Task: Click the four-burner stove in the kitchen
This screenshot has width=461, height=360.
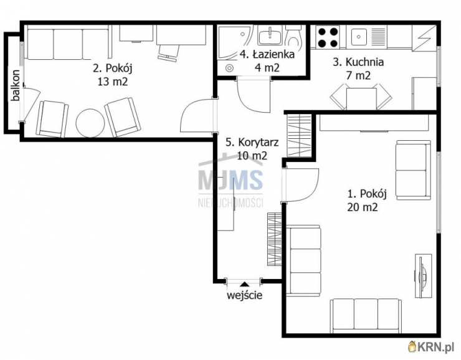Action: pos(328,37)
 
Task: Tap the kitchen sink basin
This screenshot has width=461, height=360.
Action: pos(359,37)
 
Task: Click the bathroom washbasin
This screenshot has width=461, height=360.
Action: pos(270,35)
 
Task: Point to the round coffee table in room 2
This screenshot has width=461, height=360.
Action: pos(90,123)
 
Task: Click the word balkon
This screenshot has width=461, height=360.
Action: pos(16,85)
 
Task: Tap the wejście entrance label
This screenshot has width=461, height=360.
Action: pos(244,295)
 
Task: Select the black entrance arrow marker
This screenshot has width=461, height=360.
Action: pos(244,284)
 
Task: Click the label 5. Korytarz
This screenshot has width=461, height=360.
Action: pos(252,142)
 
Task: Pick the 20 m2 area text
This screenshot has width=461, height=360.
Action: pos(362,207)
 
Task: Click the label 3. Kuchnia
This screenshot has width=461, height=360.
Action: pos(358,62)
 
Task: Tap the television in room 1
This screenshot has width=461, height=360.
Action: pos(422,276)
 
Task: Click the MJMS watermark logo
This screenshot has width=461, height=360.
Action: pos(230,179)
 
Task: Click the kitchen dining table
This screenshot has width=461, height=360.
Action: pos(361,98)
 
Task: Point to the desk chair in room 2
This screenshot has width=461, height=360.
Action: pos(169,53)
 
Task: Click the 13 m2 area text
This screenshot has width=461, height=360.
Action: pos(113,82)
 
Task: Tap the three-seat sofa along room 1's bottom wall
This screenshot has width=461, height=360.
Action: pos(366,316)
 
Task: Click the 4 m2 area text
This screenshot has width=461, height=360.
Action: pos(267,68)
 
